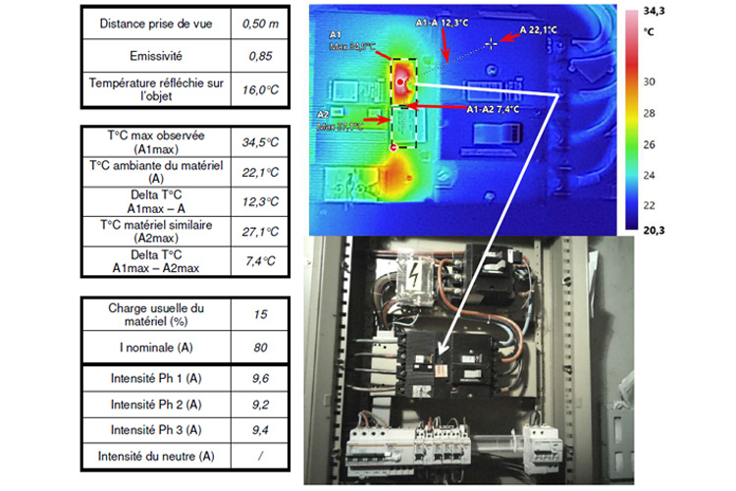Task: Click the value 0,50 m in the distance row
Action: tap(260, 22)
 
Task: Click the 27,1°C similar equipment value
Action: tap(260, 232)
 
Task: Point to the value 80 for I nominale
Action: tap(260, 348)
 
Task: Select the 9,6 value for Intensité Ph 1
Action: tap(260, 376)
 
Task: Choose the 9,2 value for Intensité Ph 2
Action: tap(260, 403)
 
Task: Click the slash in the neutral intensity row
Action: tap(260, 457)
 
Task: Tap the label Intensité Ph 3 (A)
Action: tap(158, 429)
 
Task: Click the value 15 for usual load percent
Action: tap(260, 314)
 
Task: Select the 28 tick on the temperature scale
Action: tap(677, 114)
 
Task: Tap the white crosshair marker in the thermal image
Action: tap(493, 42)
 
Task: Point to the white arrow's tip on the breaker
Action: tap(440, 355)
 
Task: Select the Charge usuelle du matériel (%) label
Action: tap(158, 314)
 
